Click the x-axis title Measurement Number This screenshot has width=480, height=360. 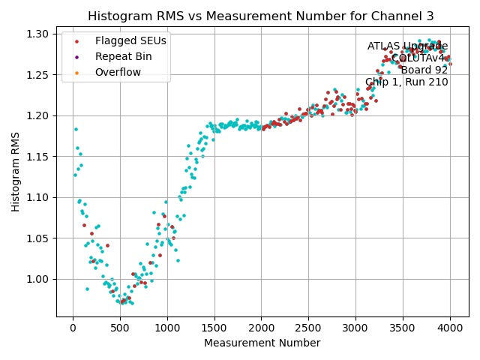[262, 343]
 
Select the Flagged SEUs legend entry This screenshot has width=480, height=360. [120, 40]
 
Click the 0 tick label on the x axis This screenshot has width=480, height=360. [73, 327]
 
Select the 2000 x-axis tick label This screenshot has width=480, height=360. [262, 327]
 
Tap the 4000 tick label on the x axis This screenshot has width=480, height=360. [450, 327]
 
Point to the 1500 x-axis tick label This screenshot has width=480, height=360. [214, 327]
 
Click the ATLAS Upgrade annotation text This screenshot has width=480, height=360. [407, 46]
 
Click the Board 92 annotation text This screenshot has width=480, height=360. [424, 70]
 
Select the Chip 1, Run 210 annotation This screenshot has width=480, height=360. [406, 82]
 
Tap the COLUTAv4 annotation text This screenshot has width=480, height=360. [419, 58]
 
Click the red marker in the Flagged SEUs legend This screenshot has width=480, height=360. [76, 40]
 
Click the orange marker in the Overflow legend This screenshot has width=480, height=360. [76, 72]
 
